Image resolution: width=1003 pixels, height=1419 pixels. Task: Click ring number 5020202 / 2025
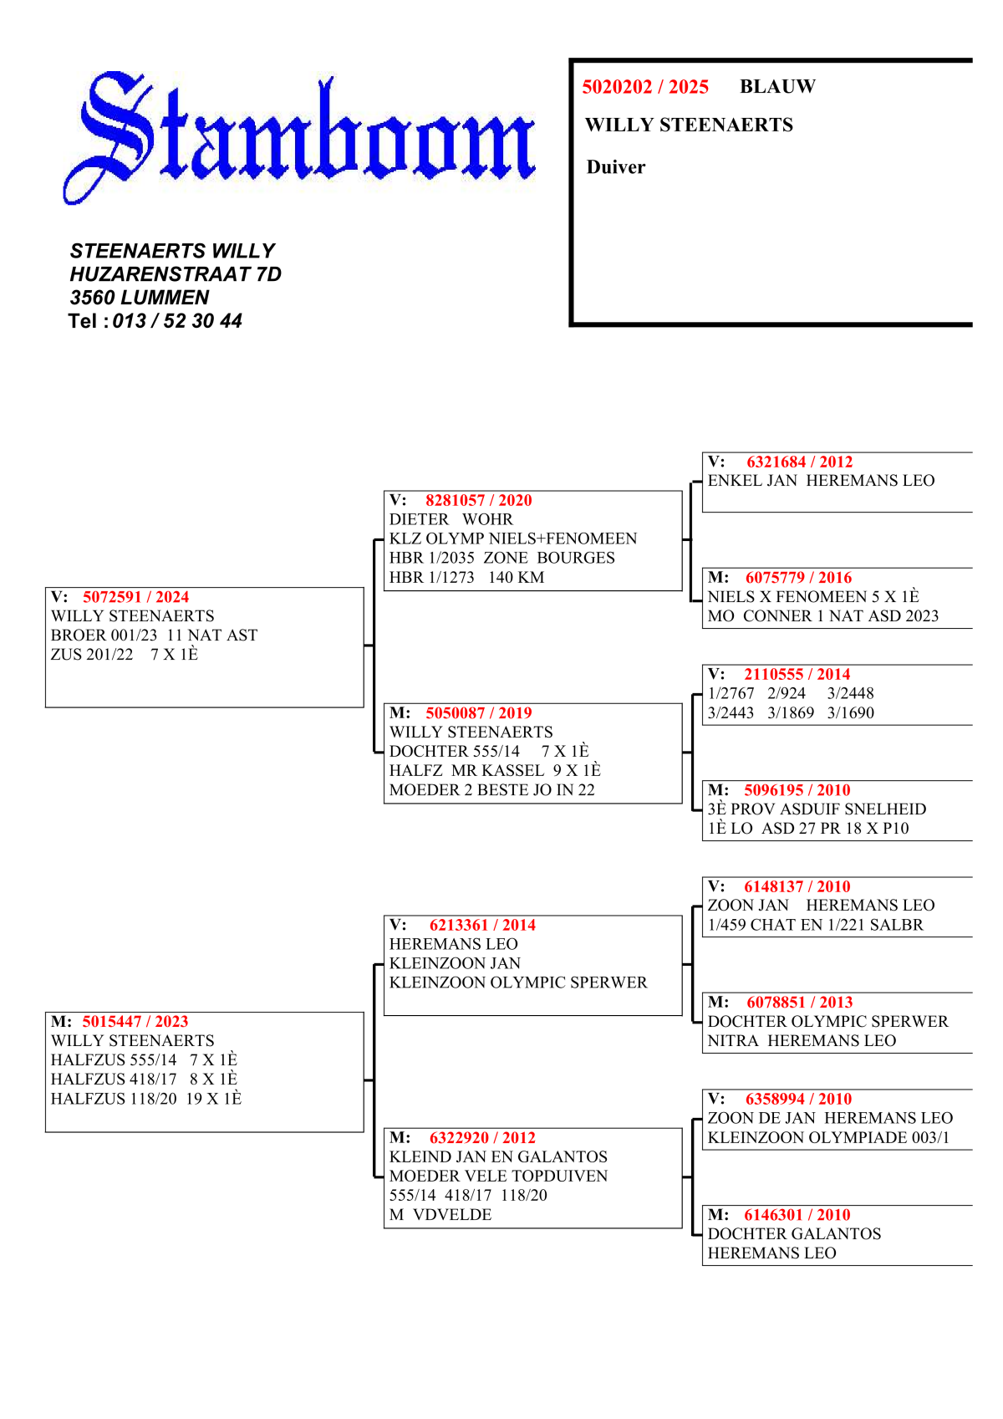pos(645,87)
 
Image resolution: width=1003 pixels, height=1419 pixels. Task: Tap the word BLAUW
pos(777,86)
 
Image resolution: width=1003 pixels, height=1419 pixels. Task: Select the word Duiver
pos(616,167)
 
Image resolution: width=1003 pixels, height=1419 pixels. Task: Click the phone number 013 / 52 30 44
pos(177,321)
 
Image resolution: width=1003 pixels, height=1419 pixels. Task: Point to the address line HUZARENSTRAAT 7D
pos(176,274)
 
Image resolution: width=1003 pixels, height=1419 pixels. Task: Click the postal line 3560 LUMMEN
pos(140,298)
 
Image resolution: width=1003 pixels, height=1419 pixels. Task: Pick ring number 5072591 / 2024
pos(135,597)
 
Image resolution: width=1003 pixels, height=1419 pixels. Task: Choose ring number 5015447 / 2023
pos(135,1022)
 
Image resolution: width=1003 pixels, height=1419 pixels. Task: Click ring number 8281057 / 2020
pos(478,500)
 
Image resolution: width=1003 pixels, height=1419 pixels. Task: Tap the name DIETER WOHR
pos(451,519)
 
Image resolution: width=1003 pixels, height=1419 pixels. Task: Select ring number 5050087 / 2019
pos(478,713)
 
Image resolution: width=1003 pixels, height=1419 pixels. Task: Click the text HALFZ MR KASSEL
pos(466,771)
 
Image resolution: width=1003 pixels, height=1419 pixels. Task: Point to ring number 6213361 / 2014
pos(482,925)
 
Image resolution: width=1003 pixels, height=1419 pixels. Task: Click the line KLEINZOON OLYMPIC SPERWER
pos(518,983)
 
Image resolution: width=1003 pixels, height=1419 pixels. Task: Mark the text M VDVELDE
pos(440,1215)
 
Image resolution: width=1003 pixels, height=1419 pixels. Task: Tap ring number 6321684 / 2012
pos(799,462)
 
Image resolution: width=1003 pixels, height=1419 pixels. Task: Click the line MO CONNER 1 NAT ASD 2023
pos(822,616)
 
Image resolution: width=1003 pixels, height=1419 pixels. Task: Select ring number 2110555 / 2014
pos(797,674)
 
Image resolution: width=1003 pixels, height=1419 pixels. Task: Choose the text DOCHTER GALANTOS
pos(794,1234)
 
